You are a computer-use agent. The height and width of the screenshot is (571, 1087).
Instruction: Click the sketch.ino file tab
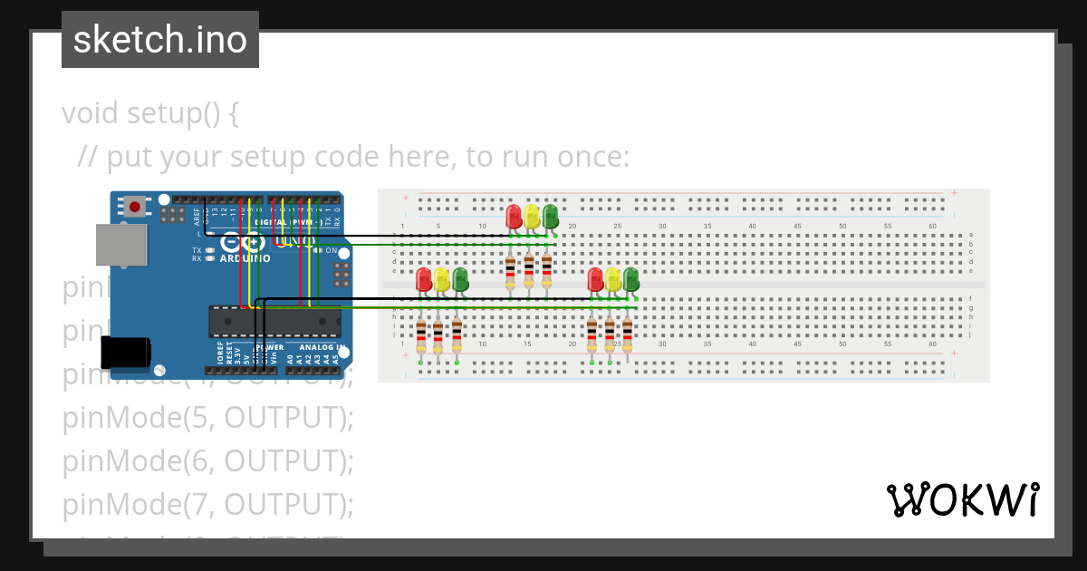160,40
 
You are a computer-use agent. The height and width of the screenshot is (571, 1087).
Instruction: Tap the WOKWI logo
962,499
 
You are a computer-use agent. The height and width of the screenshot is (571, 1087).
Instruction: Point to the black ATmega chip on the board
274,321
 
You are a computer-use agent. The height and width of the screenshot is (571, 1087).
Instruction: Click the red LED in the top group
514,216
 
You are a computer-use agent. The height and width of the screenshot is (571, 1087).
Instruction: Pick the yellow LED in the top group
532,216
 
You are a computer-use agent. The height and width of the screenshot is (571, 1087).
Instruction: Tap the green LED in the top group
550,216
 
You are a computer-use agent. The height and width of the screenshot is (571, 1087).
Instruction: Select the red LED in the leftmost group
423,279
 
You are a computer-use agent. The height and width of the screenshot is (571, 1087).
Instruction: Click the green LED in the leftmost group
460,279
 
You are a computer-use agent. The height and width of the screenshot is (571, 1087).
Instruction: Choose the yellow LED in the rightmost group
613,279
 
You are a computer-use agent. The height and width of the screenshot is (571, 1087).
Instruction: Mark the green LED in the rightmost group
631,279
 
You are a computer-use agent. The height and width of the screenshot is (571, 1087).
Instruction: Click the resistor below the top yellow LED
529,271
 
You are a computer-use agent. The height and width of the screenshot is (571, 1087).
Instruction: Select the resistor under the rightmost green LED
627,336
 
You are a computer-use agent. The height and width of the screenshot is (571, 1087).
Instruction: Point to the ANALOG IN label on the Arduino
322,347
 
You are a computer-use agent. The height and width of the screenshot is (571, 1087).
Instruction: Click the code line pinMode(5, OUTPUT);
207,418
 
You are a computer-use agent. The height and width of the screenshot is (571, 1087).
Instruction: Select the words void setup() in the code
140,113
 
